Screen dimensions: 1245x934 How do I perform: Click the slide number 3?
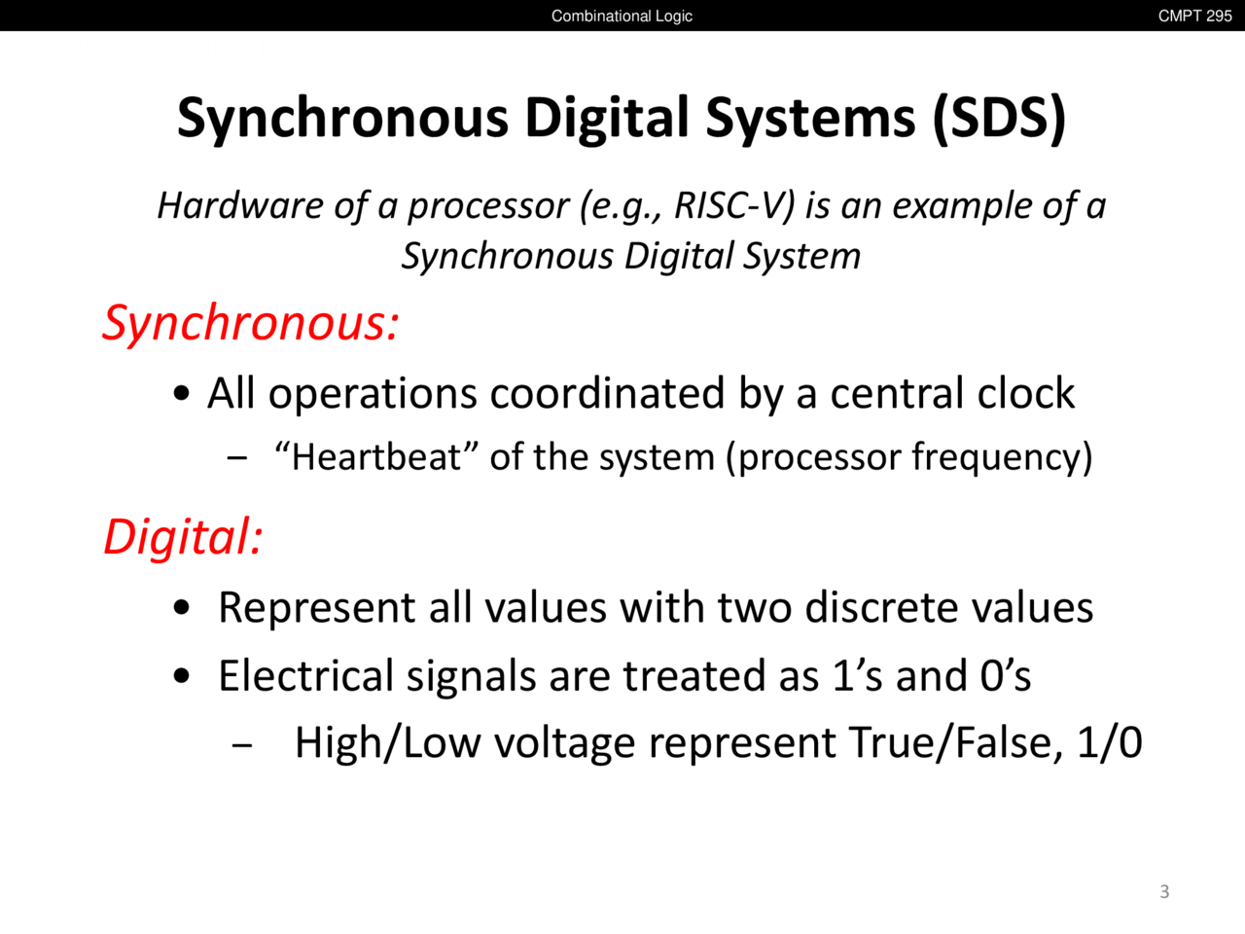[1164, 891]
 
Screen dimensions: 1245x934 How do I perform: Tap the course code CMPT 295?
[1194, 16]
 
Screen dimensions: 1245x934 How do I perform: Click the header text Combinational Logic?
[622, 16]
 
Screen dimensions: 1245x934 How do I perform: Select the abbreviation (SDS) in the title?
[999, 118]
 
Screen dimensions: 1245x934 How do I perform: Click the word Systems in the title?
[810, 118]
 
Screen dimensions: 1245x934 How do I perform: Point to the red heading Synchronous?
[251, 323]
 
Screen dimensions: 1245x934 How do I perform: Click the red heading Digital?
[183, 536]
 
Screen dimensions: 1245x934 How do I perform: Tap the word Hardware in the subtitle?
[240, 205]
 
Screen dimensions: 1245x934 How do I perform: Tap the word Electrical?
[305, 676]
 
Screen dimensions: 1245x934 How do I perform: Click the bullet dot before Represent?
[182, 608]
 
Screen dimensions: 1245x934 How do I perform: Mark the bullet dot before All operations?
[182, 394]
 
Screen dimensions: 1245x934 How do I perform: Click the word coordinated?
[607, 393]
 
